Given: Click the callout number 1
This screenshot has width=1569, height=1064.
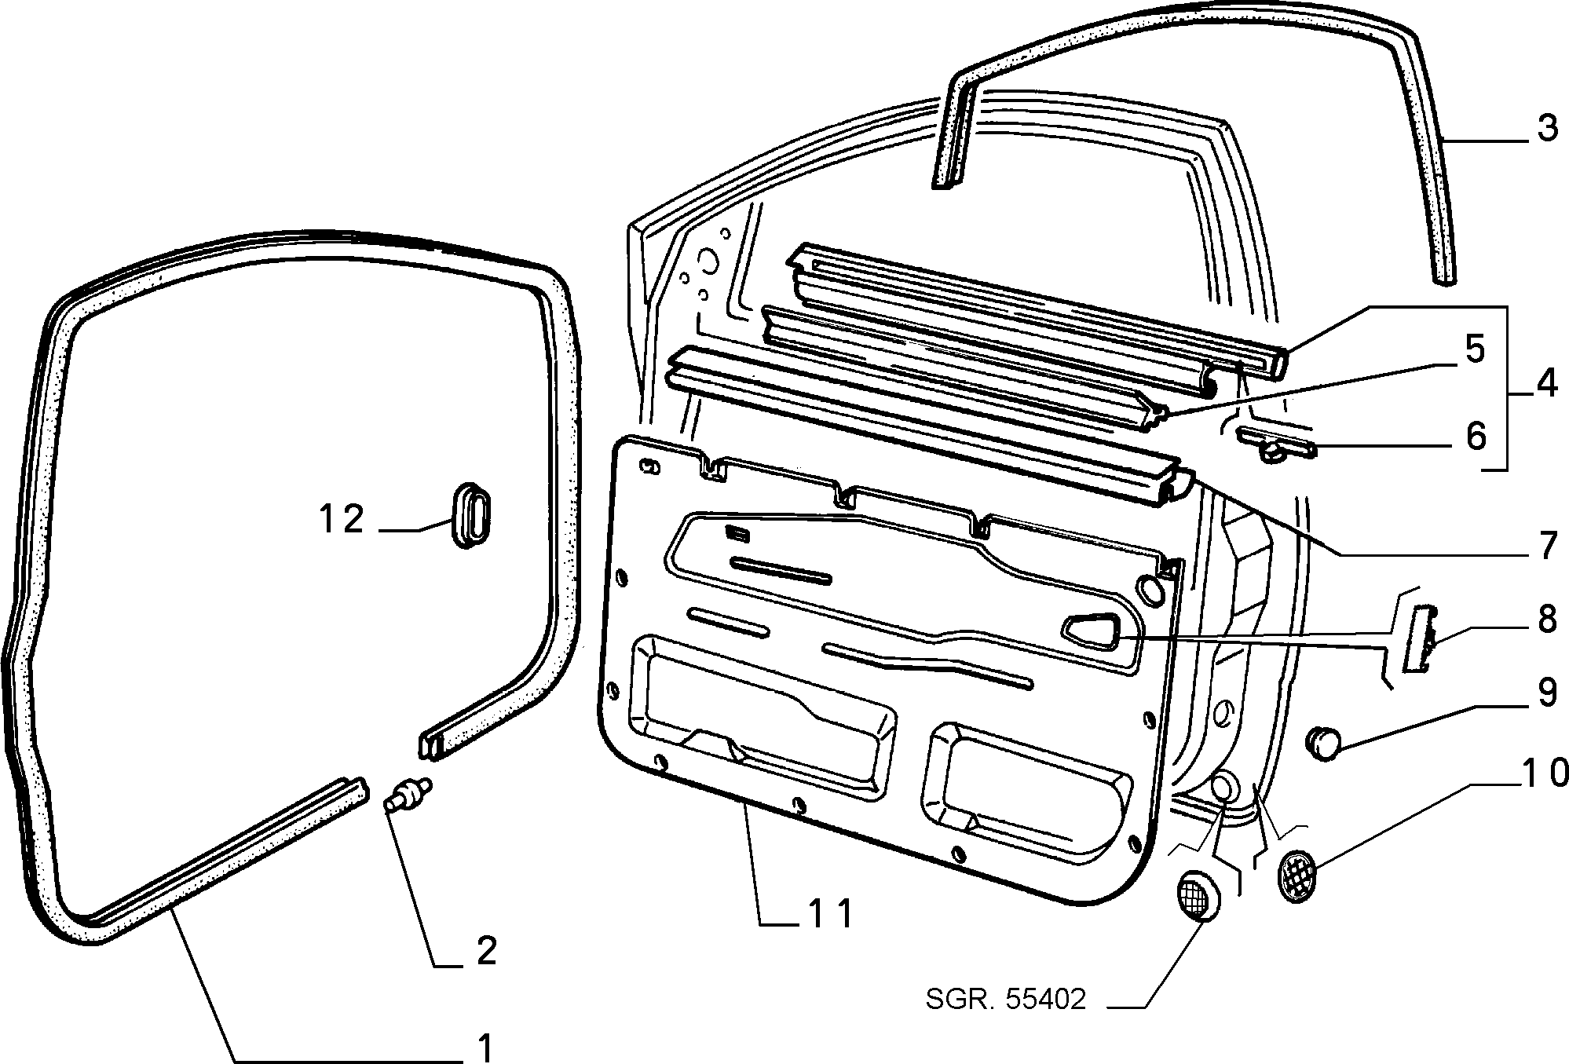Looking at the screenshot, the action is (x=487, y=1048).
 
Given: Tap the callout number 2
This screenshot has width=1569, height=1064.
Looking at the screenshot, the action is (x=487, y=951).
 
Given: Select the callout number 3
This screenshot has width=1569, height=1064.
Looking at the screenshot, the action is (x=1547, y=128).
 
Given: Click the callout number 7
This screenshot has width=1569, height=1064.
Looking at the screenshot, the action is (x=1547, y=546).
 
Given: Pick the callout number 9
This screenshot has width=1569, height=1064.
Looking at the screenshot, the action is (x=1546, y=692).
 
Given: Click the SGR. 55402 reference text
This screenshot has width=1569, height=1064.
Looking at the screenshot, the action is (x=1006, y=999).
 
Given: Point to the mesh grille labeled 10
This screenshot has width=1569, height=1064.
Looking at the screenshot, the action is (x=1297, y=874).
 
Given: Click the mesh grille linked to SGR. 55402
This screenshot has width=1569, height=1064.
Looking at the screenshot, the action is (x=1198, y=895).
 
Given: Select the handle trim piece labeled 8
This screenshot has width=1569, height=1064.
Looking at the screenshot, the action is (x=1417, y=638).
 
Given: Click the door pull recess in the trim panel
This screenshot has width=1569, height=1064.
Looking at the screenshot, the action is (x=1092, y=631).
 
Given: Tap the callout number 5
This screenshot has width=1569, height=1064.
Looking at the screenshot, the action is (x=1475, y=349).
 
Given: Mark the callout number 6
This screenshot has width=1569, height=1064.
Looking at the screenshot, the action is (x=1476, y=436).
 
